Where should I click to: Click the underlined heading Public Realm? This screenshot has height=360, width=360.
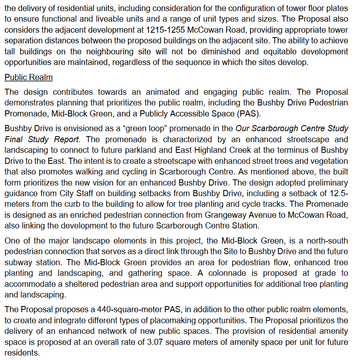click(28, 78)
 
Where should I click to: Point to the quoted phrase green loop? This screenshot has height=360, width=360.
click(144, 128)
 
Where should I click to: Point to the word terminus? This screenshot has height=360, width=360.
click(287, 150)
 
